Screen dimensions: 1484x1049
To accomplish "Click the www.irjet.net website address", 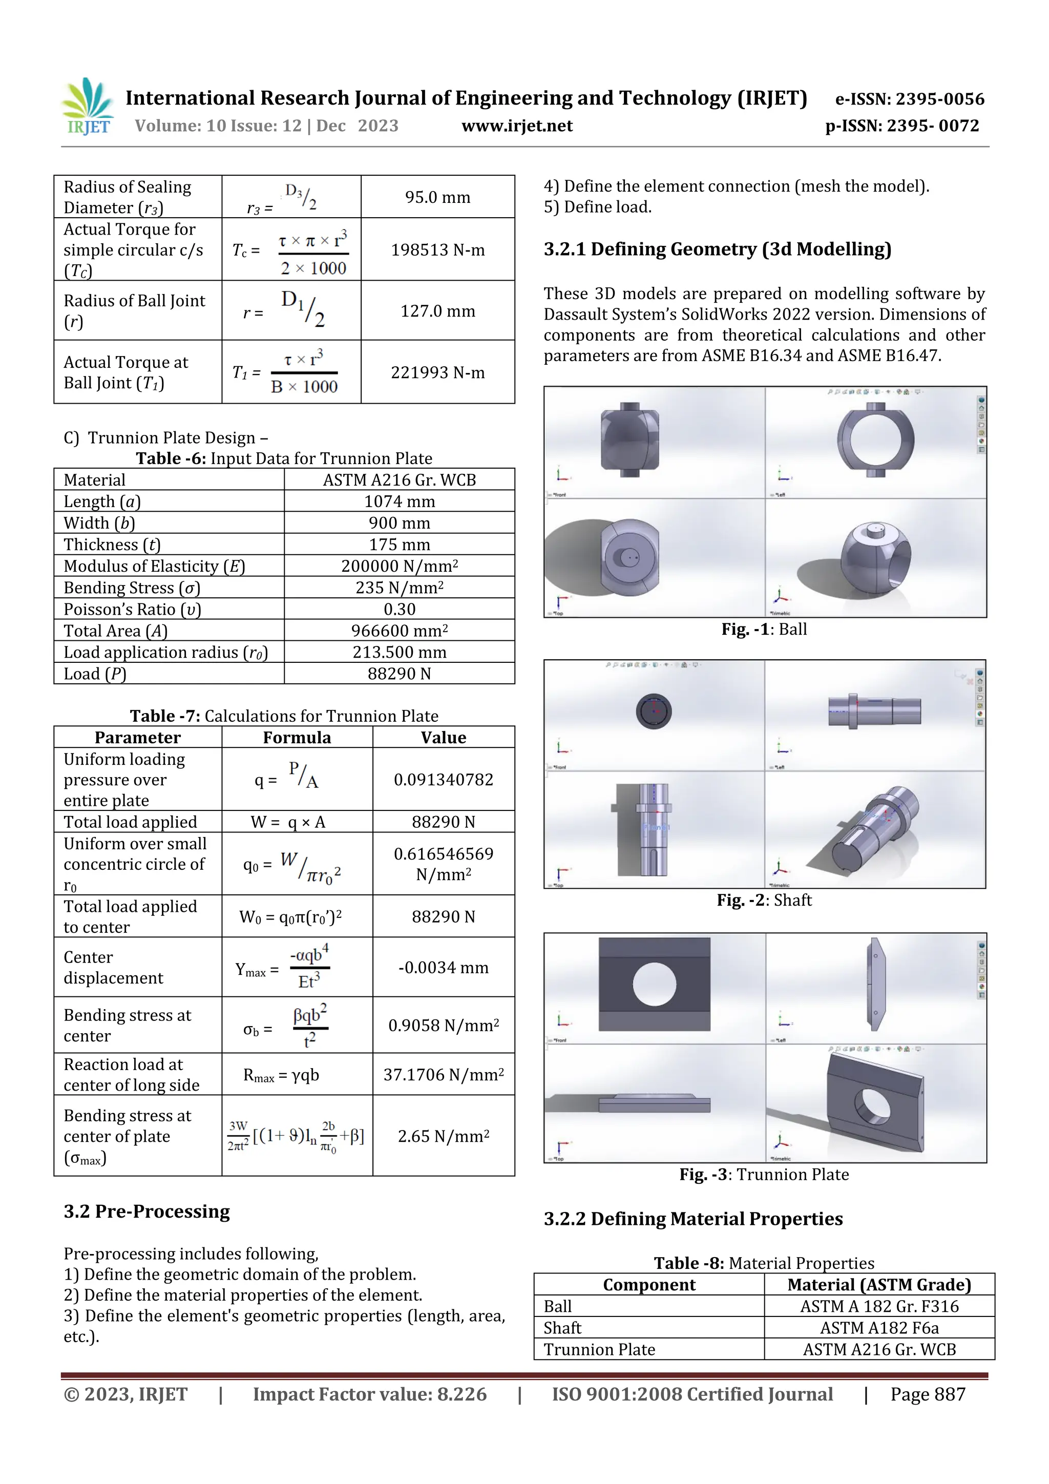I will point(516,126).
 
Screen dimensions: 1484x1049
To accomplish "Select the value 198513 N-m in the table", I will point(437,250).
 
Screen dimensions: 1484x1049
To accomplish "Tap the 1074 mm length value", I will point(399,501).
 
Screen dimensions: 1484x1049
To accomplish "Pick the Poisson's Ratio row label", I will point(133,610).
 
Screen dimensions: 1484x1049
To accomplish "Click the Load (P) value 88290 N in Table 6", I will point(399,674).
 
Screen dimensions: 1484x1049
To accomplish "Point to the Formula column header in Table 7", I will point(297,738).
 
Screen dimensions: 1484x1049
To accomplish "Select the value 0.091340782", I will point(444,780).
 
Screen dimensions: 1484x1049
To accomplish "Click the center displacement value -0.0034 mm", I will point(444,968).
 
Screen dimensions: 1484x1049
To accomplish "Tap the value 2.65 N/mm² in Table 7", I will point(444,1136).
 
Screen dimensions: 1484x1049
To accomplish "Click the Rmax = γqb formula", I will point(281,1075).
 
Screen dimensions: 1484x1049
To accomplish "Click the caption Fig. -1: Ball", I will point(764,630).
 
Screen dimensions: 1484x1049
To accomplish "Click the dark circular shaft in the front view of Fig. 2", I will point(654,711).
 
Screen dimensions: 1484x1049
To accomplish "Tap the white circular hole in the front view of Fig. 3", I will point(654,985).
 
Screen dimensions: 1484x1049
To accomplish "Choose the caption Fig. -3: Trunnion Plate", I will point(764,1175).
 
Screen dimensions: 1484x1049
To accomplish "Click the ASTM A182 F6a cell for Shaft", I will point(879,1328).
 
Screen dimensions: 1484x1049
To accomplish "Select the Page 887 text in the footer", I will point(928,1394).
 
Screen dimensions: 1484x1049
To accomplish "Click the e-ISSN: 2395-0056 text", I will point(909,99).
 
